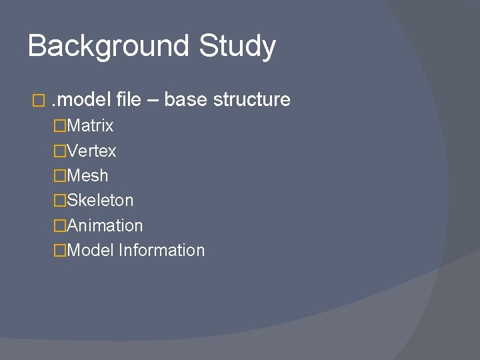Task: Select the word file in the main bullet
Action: click(128, 100)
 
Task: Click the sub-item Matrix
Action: click(90, 125)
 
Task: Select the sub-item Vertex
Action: click(91, 151)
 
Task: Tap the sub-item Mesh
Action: click(87, 176)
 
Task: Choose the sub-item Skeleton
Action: click(100, 201)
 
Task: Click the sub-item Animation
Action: click(105, 225)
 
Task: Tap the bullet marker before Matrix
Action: click(61, 126)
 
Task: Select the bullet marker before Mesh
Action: click(61, 177)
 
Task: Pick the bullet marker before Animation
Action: click(61, 226)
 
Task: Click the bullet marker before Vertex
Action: click(61, 151)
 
